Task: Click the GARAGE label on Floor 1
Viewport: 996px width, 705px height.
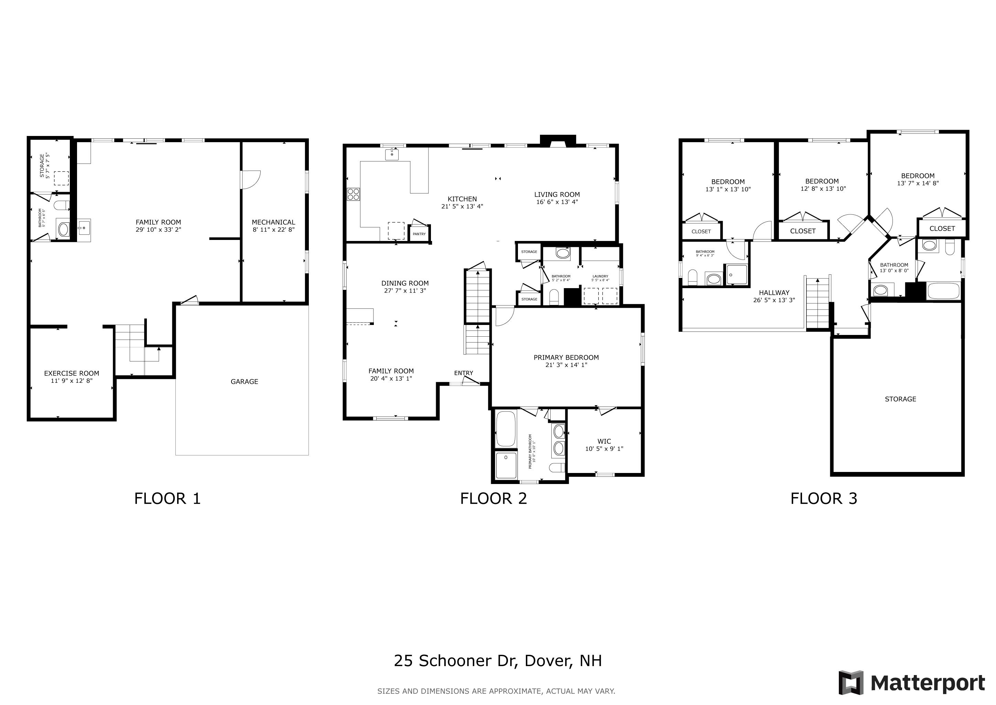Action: [244, 381]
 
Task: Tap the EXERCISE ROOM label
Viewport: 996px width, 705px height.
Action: [72, 373]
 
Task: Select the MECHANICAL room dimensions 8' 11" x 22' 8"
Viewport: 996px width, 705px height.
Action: [273, 230]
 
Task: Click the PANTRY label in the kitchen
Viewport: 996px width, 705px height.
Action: [419, 234]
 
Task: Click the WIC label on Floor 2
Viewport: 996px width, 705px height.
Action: [604, 442]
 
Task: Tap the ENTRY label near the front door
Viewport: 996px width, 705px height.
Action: [463, 373]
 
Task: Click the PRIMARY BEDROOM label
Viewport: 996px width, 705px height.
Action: [566, 357]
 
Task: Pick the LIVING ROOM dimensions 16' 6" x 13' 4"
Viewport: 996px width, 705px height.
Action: [557, 202]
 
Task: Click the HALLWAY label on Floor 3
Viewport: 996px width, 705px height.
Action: [774, 293]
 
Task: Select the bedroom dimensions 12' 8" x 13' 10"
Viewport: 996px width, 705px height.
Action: [823, 189]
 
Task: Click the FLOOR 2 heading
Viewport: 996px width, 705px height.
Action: [493, 498]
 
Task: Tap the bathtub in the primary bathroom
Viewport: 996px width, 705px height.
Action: [505, 429]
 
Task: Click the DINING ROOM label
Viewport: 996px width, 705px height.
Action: [405, 283]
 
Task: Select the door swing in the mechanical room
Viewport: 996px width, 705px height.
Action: [251, 179]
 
